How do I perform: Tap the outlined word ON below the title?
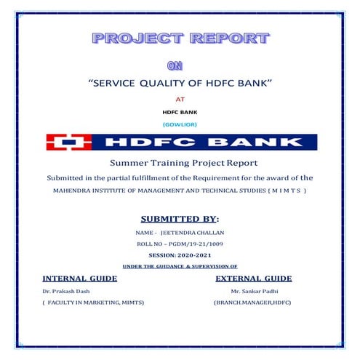pyautogui.click(x=175, y=65)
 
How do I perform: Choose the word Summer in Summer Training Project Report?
pyautogui.click(x=129, y=163)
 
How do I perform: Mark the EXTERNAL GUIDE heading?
pyautogui.click(x=254, y=279)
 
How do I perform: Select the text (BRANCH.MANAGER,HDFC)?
pyautogui.click(x=252, y=302)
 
